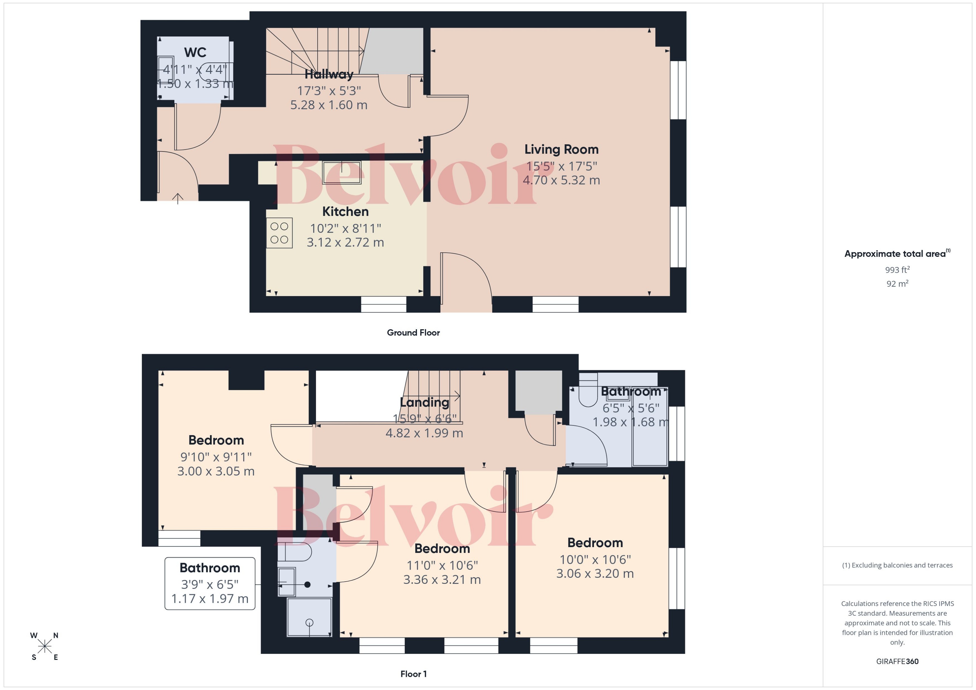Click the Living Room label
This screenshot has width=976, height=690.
click(561, 150)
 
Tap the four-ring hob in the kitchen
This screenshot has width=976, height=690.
click(279, 233)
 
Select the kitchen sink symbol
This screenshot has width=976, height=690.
click(342, 172)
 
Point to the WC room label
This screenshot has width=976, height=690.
click(195, 53)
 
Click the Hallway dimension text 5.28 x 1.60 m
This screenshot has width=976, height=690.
click(329, 105)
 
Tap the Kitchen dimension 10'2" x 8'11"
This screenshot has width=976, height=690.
click(345, 229)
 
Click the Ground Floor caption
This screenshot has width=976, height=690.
click(413, 333)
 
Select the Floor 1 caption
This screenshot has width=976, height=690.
click(413, 674)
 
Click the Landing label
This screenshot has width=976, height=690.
click(424, 402)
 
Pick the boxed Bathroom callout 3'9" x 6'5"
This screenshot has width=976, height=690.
click(210, 583)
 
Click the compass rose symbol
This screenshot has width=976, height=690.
click(44, 646)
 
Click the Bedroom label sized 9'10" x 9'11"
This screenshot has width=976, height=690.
click(216, 440)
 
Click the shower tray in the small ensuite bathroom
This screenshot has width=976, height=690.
click(309, 617)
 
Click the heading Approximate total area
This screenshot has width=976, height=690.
click(895, 254)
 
